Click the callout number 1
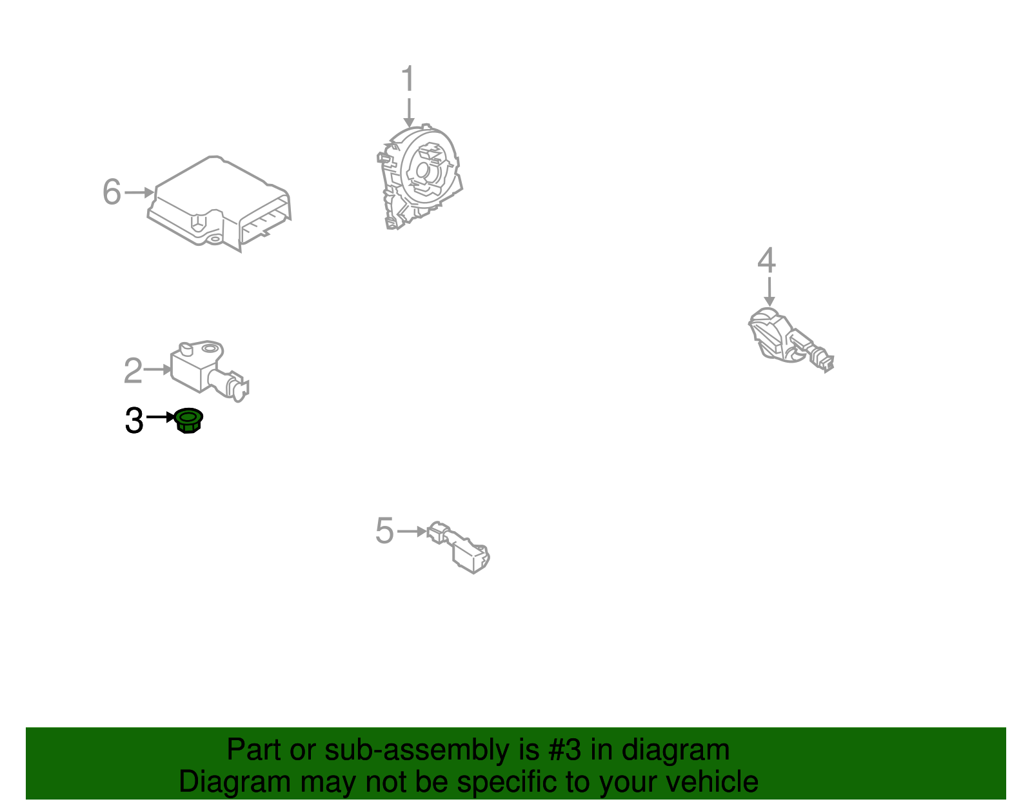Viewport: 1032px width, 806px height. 408,78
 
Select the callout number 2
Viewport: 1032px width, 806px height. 133,370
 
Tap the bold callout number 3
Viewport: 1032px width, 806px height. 134,420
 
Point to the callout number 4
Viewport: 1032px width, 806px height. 766,260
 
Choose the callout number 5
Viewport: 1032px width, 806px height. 384,530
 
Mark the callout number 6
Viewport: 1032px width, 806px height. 112,192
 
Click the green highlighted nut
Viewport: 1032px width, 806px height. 188,420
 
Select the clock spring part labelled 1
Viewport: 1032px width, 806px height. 419,177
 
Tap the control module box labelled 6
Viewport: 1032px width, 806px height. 219,203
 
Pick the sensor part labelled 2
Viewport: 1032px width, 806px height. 209,371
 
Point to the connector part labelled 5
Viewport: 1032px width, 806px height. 459,547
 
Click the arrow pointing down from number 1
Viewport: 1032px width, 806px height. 409,112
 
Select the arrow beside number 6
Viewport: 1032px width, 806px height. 139,192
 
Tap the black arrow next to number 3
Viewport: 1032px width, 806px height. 161,417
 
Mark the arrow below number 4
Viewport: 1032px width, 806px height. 769,292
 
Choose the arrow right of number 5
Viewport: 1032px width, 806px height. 412,531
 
